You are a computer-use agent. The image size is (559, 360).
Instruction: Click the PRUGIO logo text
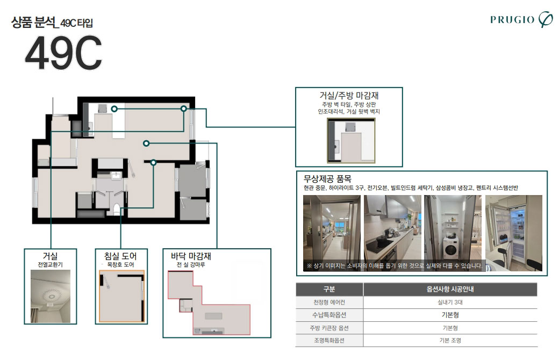point(512,19)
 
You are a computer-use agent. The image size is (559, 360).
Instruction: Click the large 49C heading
point(63,53)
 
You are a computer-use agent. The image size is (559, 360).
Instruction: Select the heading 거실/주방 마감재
point(349,95)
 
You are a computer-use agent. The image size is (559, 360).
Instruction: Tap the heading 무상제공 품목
point(327,178)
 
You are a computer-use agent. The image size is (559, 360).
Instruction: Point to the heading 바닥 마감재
point(191,256)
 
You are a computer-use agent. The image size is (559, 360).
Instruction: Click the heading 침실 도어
point(120,256)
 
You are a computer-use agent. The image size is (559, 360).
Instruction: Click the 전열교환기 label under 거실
point(51,265)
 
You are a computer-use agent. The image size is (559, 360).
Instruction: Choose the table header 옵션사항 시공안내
point(450,289)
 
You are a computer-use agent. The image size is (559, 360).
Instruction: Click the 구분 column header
point(329,289)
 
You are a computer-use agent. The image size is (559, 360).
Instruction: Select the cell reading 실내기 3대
point(450,303)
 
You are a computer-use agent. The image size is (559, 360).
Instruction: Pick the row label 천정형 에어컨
point(329,303)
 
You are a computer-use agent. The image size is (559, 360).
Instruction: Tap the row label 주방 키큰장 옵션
point(329,328)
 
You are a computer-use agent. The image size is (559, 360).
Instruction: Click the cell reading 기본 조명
point(450,341)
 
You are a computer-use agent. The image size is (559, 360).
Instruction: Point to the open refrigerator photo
point(514,233)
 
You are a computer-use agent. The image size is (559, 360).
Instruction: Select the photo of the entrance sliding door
point(332,233)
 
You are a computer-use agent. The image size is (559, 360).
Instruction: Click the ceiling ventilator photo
point(51,296)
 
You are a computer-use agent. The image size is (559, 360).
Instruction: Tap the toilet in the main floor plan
point(116,209)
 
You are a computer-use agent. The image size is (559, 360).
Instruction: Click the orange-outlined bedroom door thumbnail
point(121,296)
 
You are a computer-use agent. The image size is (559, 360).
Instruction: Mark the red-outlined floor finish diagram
point(209,303)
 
